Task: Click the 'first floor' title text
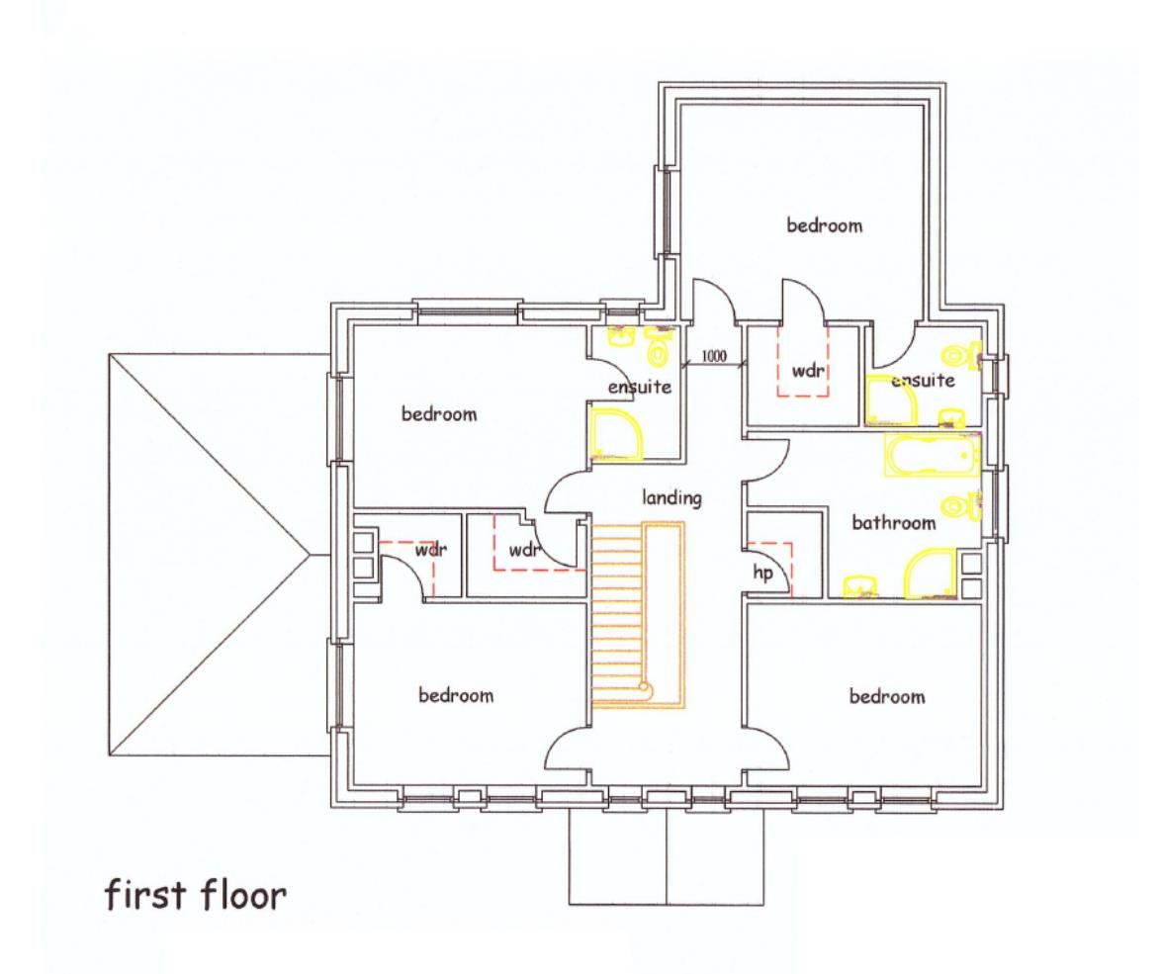[x=195, y=894]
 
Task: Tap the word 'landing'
[x=671, y=498]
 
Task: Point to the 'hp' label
[x=762, y=573]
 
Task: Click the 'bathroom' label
[x=893, y=522]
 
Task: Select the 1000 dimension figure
[x=714, y=356]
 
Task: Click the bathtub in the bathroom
[x=933, y=455]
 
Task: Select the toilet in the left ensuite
[x=658, y=347]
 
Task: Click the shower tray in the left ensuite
[x=616, y=434]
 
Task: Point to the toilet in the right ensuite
[x=961, y=355]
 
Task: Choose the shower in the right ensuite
[x=891, y=400]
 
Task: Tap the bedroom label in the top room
[x=824, y=224]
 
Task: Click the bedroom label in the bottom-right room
[x=887, y=696]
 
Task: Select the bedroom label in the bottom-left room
[x=456, y=694]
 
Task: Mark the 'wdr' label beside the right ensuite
[x=808, y=370]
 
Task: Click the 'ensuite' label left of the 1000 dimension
[x=640, y=387]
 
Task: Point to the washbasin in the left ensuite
[x=621, y=337]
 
